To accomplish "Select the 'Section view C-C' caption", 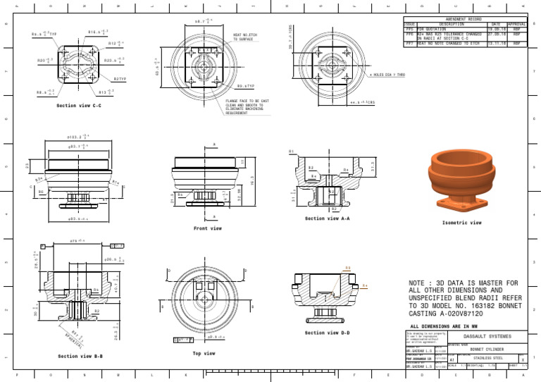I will tap(79, 106).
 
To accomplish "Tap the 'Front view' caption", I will tap(208, 228).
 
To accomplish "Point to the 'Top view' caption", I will tap(204, 353).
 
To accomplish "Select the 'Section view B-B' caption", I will tap(80, 356).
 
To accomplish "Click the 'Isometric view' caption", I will tap(461, 223).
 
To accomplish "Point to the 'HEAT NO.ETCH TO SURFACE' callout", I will tap(248, 37).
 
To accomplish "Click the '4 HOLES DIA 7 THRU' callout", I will tap(387, 74).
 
